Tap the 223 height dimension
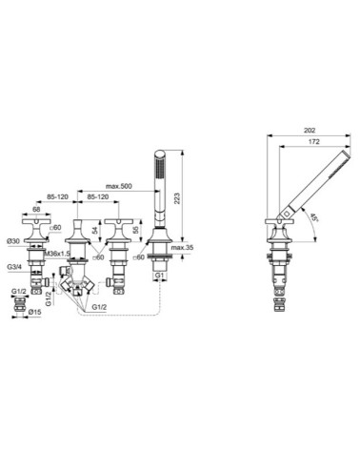point(190,190)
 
